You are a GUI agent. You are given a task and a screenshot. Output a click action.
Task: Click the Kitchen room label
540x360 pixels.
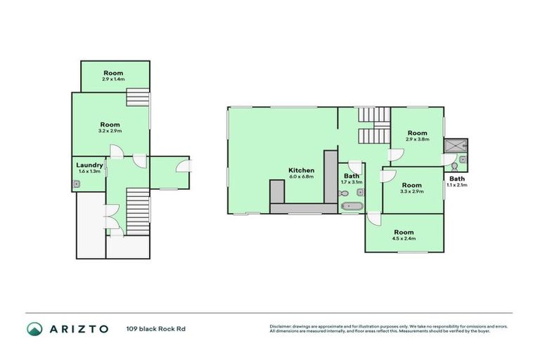[x=301, y=170]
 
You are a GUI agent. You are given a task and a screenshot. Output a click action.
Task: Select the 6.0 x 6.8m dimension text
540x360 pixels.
[x=301, y=176]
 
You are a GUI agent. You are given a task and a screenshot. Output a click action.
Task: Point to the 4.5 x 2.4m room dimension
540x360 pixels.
[x=404, y=238]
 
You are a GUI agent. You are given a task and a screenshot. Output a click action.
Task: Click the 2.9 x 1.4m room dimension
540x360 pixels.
[x=114, y=79]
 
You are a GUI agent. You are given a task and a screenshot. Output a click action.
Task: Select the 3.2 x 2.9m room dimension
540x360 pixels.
[x=110, y=131]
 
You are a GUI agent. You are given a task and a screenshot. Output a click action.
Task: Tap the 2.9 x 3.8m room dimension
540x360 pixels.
[x=417, y=139]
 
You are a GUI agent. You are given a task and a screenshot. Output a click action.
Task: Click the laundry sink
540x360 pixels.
[x=77, y=185]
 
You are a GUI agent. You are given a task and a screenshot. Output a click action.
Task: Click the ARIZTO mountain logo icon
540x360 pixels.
[x=34, y=328]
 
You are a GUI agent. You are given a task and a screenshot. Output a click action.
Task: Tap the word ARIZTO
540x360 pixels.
[x=78, y=328]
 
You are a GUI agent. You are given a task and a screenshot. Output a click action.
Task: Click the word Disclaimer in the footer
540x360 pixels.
[x=281, y=326]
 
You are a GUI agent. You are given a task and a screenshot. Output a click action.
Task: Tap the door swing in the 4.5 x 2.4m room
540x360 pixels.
[x=373, y=219]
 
